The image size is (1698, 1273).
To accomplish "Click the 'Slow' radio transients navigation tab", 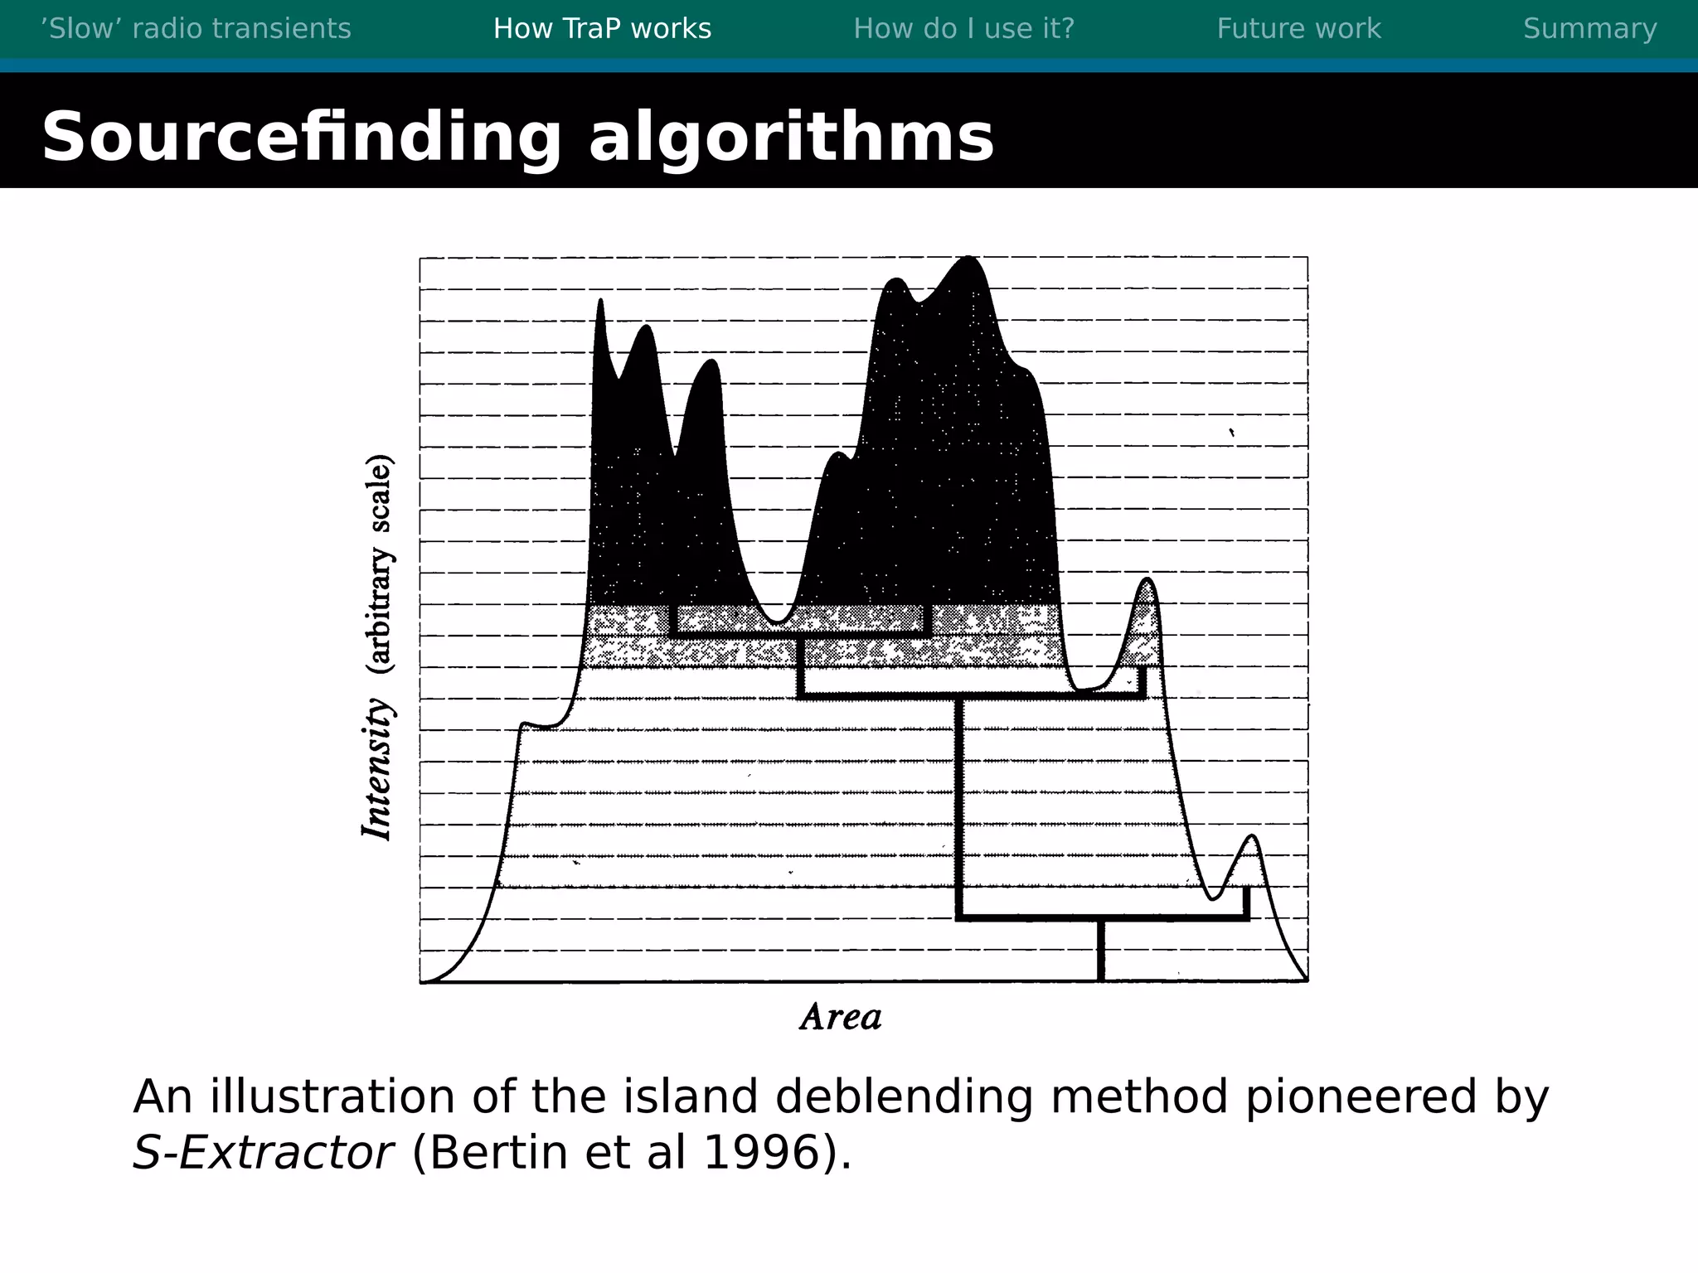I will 196,29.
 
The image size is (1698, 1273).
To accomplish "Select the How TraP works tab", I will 602,29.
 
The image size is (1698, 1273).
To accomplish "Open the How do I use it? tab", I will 963,29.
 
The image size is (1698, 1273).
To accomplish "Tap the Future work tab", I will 1298,29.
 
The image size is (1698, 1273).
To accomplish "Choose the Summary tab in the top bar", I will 1589,29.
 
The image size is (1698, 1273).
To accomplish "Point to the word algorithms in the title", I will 791,137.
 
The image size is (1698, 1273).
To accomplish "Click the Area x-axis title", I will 841,1017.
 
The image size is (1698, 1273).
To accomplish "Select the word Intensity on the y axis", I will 377,769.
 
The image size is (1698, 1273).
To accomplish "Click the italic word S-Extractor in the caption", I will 263,1152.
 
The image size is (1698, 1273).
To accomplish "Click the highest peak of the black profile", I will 968,260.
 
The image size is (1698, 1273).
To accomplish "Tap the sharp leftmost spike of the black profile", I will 600,303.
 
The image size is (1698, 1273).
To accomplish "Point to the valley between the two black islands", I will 777,617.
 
